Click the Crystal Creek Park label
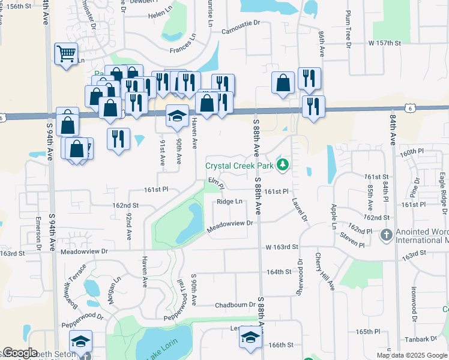[239, 166]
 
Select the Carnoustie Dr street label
[241, 31]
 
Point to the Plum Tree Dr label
[348, 28]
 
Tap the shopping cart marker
[66, 53]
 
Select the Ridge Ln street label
[230, 202]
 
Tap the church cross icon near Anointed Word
[386, 235]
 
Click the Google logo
[19, 353]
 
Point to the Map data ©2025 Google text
[411, 355]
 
